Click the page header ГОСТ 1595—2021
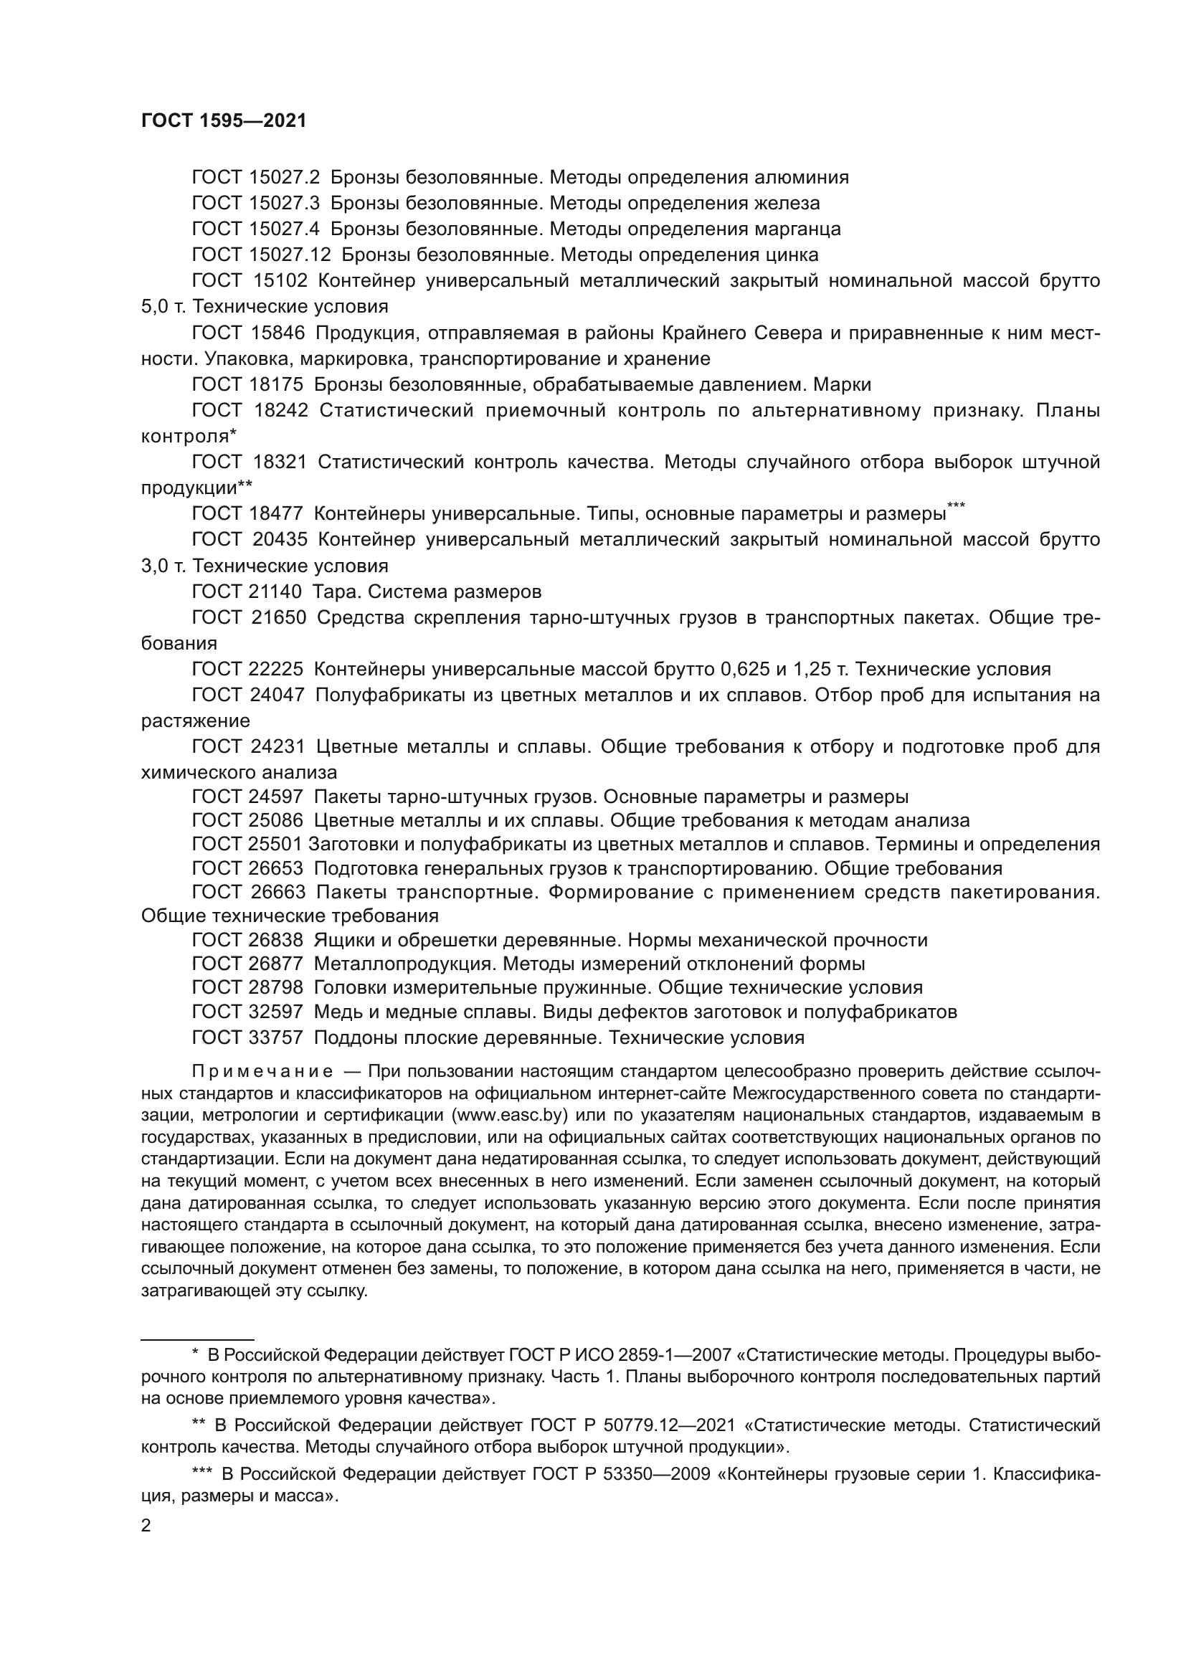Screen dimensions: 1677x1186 [224, 121]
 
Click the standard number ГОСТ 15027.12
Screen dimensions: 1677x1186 [262, 255]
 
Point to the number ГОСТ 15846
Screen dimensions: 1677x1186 [248, 333]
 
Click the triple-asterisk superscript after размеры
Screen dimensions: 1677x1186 [956, 505]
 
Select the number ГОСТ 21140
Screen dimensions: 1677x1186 [247, 592]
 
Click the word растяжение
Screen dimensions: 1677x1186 [195, 721]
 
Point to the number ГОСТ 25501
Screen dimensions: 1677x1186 [247, 845]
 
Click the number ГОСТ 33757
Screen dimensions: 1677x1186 [247, 1038]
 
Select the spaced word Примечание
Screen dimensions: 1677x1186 [262, 1071]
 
